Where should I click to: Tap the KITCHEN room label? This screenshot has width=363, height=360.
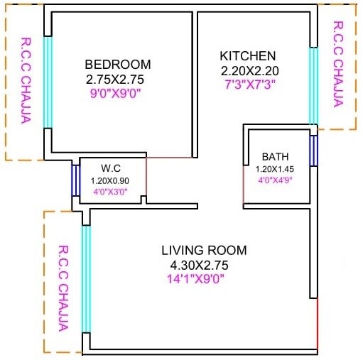click(x=247, y=56)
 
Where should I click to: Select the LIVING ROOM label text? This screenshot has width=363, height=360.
click(x=204, y=250)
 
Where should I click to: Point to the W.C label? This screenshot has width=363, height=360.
click(x=110, y=168)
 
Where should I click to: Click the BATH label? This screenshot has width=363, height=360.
click(x=275, y=156)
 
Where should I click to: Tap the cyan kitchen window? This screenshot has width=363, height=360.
click(x=313, y=86)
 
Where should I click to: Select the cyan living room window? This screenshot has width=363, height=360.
click(x=86, y=278)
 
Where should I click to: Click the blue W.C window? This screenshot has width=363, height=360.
click(x=75, y=181)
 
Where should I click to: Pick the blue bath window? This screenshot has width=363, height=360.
click(x=313, y=151)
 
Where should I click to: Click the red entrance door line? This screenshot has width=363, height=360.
click(x=317, y=323)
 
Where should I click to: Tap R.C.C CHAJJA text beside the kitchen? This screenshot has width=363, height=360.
click(x=338, y=62)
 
